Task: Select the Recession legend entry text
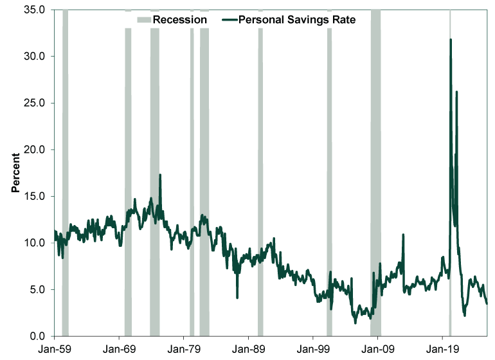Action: [179, 19]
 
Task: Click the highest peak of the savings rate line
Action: [451, 40]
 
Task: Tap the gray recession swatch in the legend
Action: [143, 19]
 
